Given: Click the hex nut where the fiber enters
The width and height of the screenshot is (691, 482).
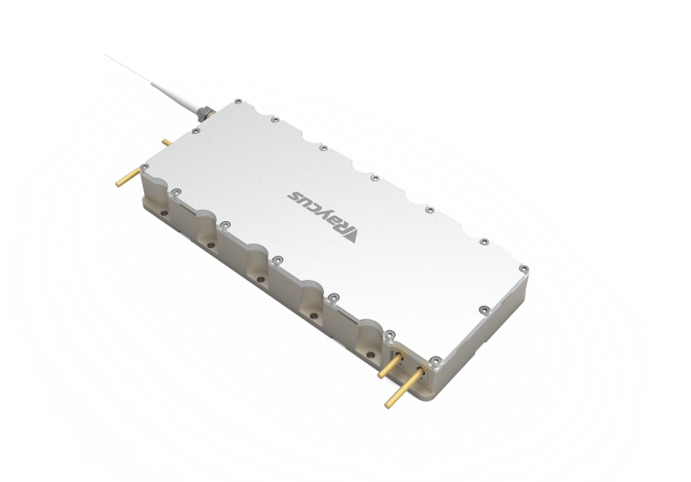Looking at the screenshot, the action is click(x=204, y=113).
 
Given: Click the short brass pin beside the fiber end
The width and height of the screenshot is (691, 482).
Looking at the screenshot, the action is click(x=167, y=143).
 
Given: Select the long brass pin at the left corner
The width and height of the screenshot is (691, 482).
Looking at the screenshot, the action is click(x=128, y=177).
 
